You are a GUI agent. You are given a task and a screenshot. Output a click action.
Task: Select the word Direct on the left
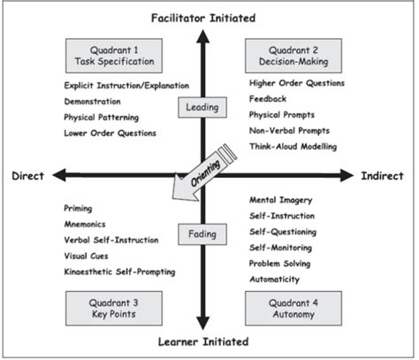point(27,176)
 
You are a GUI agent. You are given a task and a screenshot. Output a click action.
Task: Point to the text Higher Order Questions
point(296,83)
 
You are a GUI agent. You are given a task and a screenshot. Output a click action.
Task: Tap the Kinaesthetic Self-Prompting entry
point(119,271)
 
